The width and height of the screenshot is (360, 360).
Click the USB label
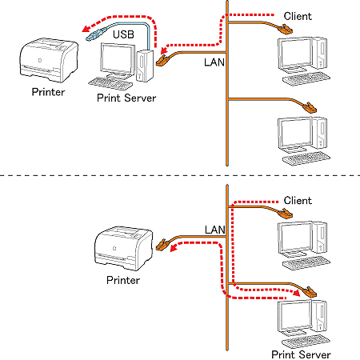click(x=123, y=34)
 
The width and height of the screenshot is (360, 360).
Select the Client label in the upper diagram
click(x=298, y=16)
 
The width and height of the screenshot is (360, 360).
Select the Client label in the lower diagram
click(x=298, y=201)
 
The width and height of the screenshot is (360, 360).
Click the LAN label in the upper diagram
click(x=214, y=62)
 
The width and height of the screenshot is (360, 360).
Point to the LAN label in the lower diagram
click(x=215, y=230)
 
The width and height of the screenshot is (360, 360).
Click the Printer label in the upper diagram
click(x=48, y=92)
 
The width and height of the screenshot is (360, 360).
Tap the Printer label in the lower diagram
click(x=123, y=280)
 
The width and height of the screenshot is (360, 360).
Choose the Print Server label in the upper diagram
click(x=126, y=98)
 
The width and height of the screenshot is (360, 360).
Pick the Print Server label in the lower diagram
click(x=301, y=354)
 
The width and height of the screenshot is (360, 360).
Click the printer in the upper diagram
click(x=49, y=60)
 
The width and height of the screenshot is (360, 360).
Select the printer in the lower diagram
click(x=124, y=249)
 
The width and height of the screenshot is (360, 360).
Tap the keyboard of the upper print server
click(x=110, y=83)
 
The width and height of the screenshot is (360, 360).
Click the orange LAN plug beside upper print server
click(x=162, y=61)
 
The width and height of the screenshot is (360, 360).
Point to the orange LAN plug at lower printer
click(x=162, y=245)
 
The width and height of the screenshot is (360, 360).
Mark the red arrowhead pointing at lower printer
click(x=174, y=248)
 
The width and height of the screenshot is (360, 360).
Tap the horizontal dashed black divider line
click(x=180, y=175)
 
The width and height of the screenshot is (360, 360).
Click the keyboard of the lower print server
click(x=306, y=342)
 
